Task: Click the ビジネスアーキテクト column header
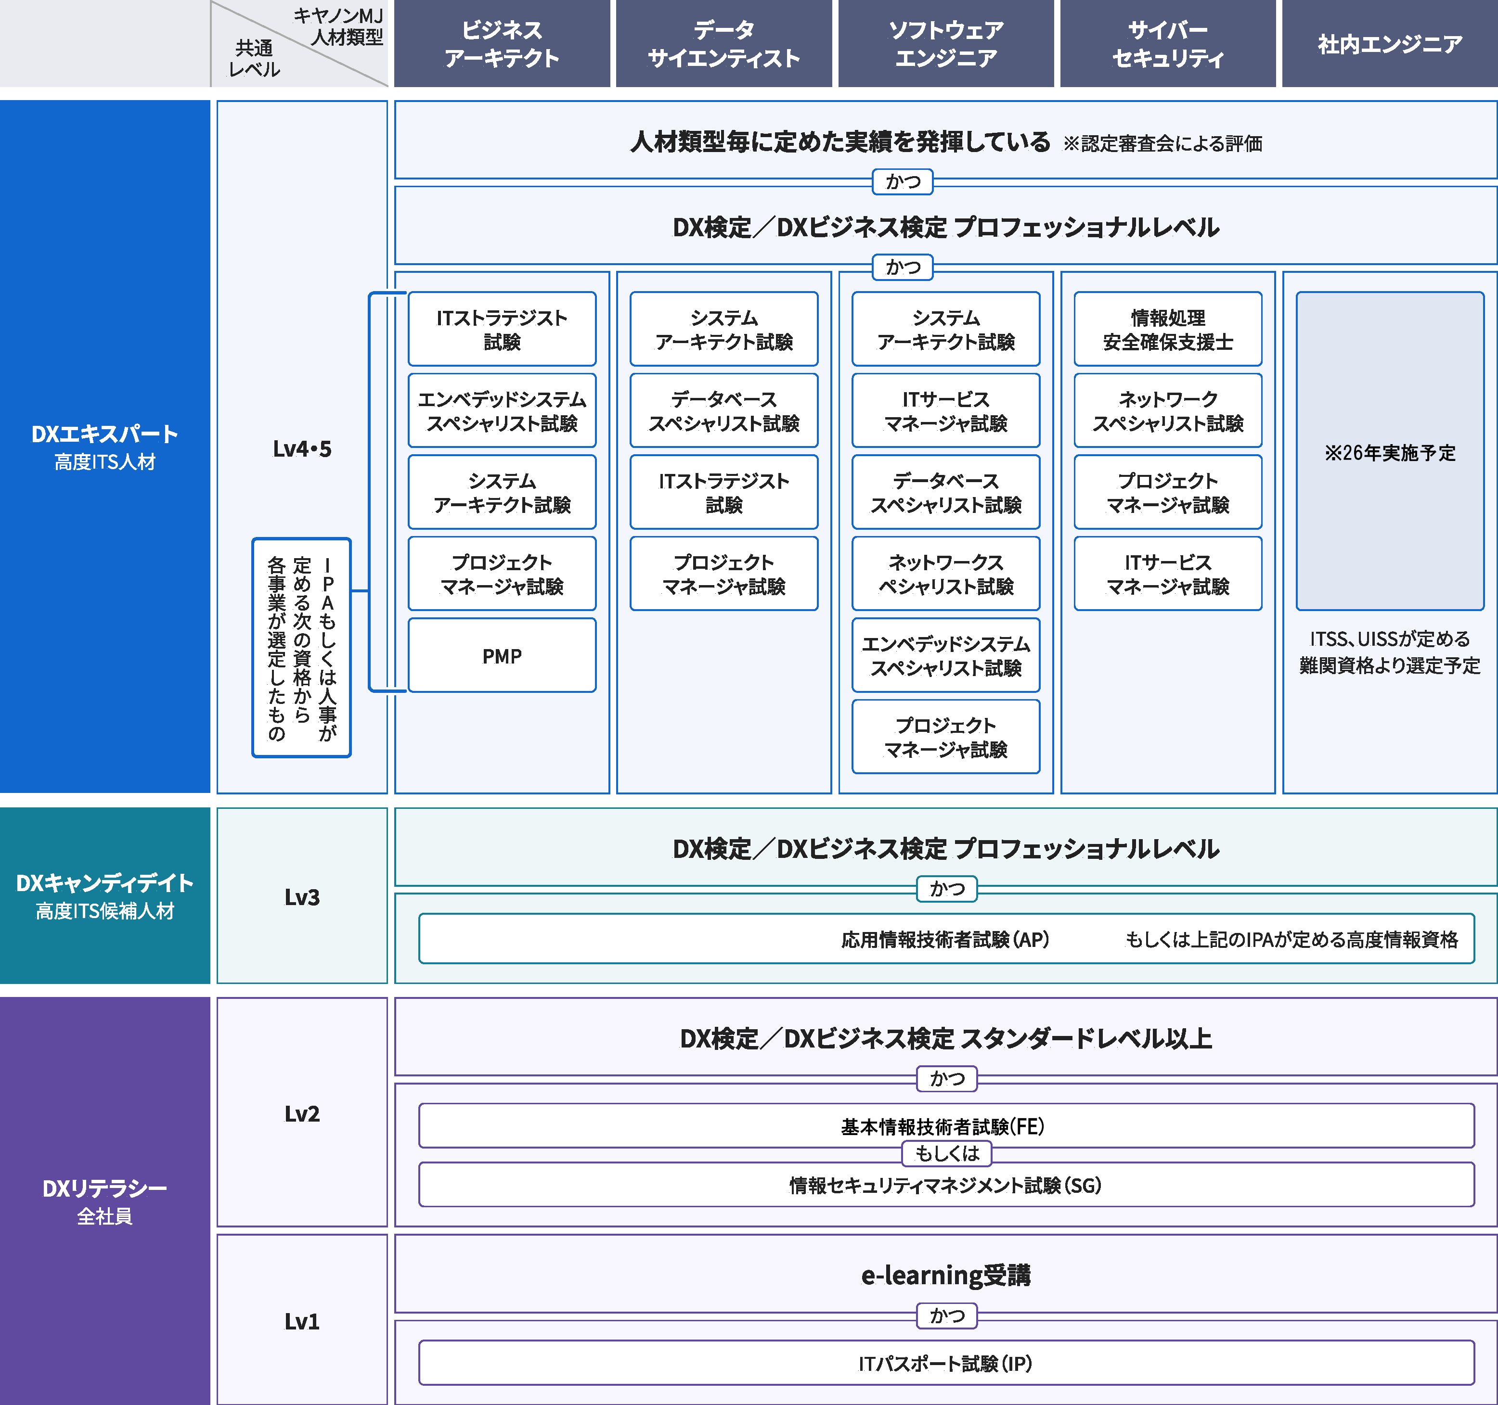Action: pos(502,44)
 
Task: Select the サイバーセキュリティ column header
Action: pos(1167,44)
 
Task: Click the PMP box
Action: pos(502,655)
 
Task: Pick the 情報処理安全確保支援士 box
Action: pos(1167,329)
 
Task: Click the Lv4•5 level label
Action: pos(301,449)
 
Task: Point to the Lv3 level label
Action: pos(301,896)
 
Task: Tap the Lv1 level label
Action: pos(301,1321)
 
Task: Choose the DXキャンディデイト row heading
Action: pos(105,895)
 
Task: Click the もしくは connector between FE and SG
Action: pos(946,1152)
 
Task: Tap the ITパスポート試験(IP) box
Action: pos(946,1363)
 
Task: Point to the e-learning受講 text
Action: pos(946,1275)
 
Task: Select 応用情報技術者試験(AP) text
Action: pos(945,939)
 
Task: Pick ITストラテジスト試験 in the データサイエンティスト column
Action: pos(723,492)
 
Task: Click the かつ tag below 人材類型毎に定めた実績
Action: pos(903,181)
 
